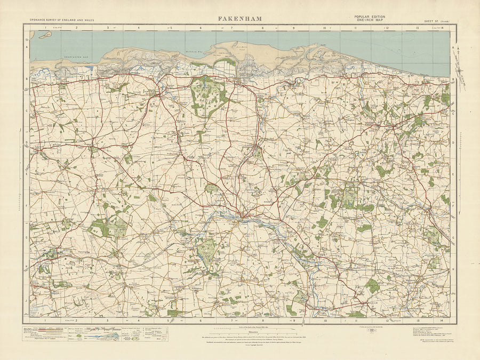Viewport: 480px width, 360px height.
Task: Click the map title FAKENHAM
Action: [x=239, y=19]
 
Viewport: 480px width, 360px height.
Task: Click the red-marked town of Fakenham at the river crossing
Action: [x=243, y=215]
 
